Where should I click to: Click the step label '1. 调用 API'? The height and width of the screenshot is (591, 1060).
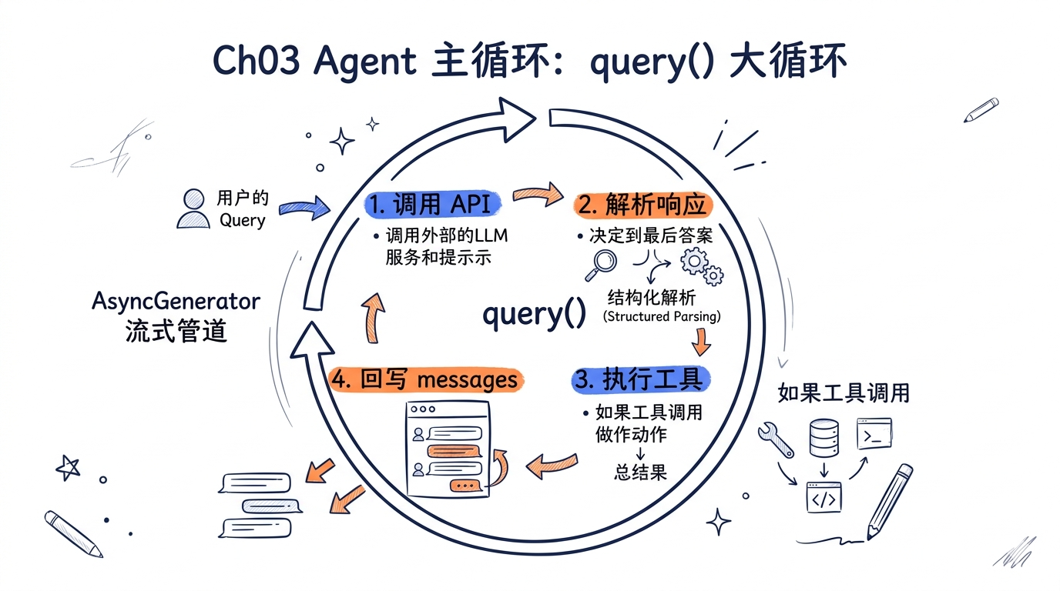432,204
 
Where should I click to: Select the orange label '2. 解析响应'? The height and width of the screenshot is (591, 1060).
642,205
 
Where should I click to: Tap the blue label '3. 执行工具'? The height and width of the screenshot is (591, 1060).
641,379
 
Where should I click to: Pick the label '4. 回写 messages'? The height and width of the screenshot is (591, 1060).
426,379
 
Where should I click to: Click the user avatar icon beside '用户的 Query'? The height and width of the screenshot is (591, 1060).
193,209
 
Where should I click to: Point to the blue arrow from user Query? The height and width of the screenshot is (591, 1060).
304,208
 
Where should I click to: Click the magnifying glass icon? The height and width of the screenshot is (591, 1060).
601,265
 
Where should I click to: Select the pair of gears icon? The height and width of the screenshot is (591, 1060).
702,266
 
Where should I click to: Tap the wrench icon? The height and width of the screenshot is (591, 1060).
775,439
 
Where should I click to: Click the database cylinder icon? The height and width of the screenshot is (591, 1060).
824,438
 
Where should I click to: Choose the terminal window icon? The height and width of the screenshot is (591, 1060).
874,433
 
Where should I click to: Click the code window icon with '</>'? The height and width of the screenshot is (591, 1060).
824,497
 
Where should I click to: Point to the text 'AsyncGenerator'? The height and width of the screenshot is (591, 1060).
176,301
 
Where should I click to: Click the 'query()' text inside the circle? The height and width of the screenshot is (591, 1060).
535,314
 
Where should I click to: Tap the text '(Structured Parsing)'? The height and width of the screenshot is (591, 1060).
662,316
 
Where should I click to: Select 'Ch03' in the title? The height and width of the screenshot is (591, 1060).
256,61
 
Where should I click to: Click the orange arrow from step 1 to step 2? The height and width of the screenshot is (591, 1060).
538,194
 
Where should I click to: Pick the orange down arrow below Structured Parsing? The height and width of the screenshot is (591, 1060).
701,342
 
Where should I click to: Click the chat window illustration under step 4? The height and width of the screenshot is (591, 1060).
448,449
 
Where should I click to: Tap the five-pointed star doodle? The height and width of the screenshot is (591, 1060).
68,468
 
